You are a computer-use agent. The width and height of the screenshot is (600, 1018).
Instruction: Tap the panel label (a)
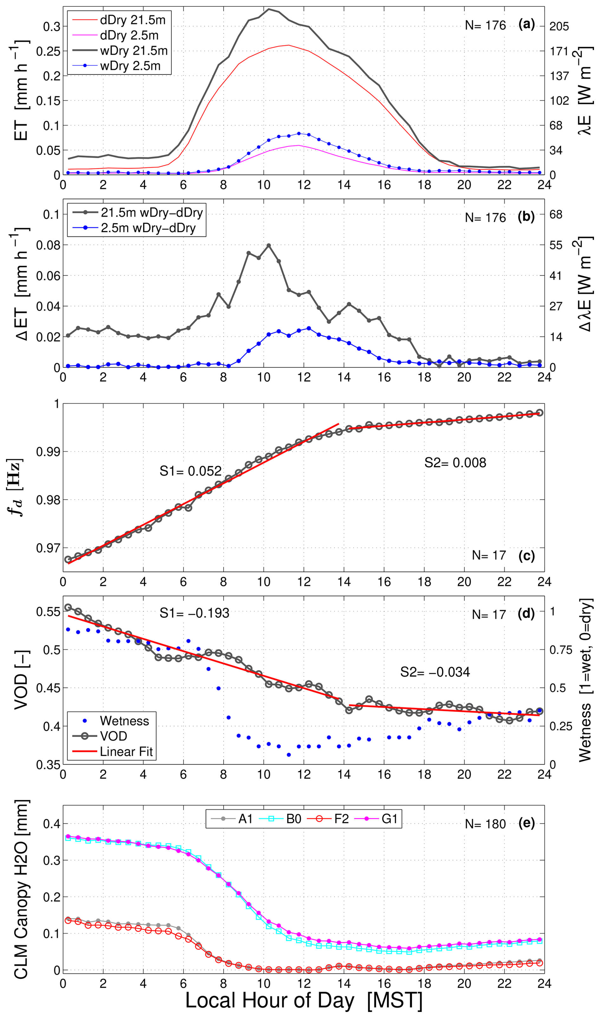pyautogui.click(x=526, y=25)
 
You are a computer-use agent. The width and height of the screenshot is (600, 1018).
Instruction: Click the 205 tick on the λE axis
pyautogui.click(x=559, y=27)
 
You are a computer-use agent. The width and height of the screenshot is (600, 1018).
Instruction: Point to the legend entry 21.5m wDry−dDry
pyautogui.click(x=152, y=213)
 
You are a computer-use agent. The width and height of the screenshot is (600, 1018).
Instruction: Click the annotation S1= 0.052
pyautogui.click(x=190, y=471)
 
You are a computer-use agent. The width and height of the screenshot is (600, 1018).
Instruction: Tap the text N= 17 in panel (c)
pyautogui.click(x=489, y=555)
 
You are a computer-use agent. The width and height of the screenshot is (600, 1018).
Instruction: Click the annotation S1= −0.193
pyautogui.click(x=194, y=613)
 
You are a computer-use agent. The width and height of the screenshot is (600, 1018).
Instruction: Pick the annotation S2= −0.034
pyautogui.click(x=435, y=672)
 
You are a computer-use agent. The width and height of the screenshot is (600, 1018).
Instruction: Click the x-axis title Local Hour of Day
pyautogui.click(x=269, y=1000)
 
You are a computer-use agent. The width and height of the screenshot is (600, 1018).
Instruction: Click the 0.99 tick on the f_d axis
pyautogui.click(x=48, y=451)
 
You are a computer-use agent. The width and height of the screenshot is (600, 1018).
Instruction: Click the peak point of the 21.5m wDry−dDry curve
pyautogui.click(x=269, y=245)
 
